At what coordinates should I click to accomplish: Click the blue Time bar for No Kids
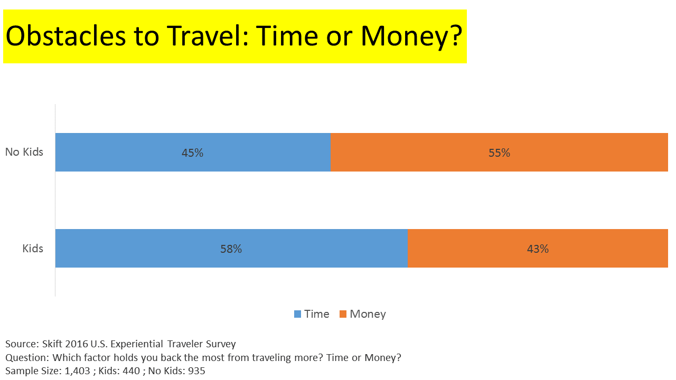(x=193, y=153)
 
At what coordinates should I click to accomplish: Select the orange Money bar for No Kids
(x=499, y=153)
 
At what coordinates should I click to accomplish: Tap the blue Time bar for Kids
(x=231, y=248)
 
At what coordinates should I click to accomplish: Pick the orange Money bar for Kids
(x=538, y=248)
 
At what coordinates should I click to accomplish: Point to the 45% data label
(x=193, y=153)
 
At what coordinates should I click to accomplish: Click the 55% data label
(x=500, y=153)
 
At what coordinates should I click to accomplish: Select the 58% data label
(x=231, y=249)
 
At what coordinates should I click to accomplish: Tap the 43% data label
(x=538, y=249)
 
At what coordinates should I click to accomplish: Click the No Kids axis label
(x=24, y=152)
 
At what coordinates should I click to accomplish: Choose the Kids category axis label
(x=33, y=249)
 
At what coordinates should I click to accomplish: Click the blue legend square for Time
(x=297, y=314)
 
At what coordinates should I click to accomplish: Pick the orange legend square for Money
(x=343, y=314)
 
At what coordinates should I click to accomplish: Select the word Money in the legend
(x=368, y=315)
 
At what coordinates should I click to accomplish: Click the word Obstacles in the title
(x=66, y=36)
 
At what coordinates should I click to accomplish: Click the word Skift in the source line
(x=52, y=344)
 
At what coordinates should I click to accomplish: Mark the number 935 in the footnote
(x=196, y=371)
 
